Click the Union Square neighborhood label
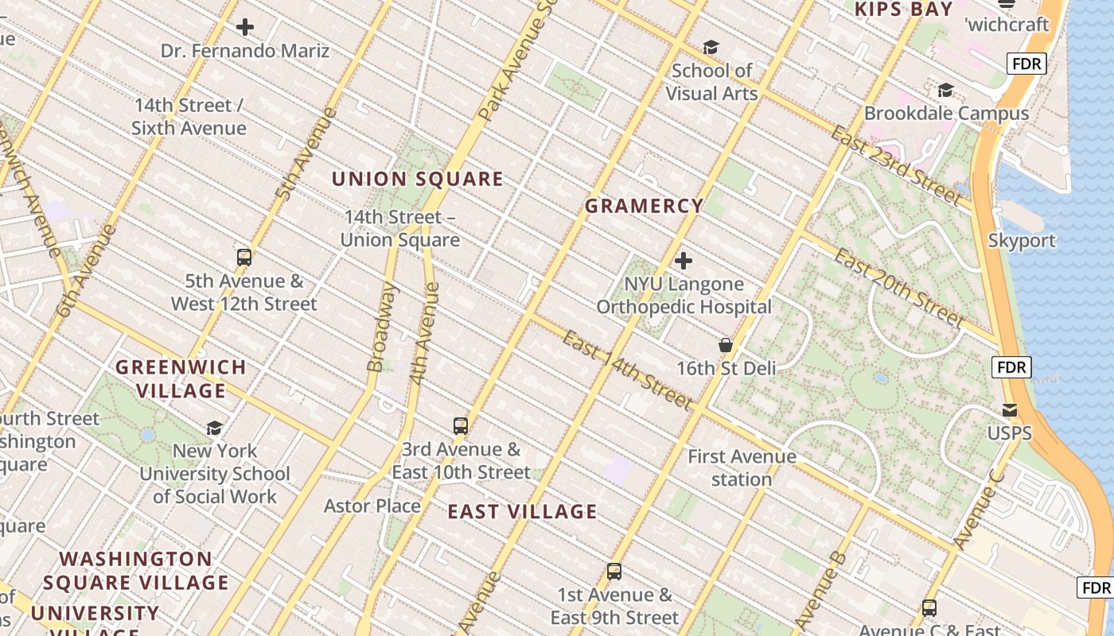click(x=417, y=179)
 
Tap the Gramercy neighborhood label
click(x=645, y=206)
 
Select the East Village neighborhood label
click(x=522, y=511)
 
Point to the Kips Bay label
click(x=903, y=10)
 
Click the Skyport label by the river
click(x=1022, y=240)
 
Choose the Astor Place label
click(x=372, y=506)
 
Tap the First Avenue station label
click(x=742, y=467)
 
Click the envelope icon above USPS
click(x=1009, y=410)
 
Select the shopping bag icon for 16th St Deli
click(x=725, y=345)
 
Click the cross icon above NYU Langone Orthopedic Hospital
click(x=683, y=260)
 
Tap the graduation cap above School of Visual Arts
click(x=710, y=48)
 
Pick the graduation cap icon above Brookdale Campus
click(x=945, y=90)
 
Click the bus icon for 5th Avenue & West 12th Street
click(x=244, y=258)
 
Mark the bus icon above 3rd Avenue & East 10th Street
click(x=460, y=425)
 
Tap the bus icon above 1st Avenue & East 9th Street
click(x=613, y=571)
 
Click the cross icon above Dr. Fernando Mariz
click(x=245, y=27)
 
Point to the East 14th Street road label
click(x=626, y=370)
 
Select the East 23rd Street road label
click(x=895, y=165)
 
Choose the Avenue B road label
click(x=819, y=588)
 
